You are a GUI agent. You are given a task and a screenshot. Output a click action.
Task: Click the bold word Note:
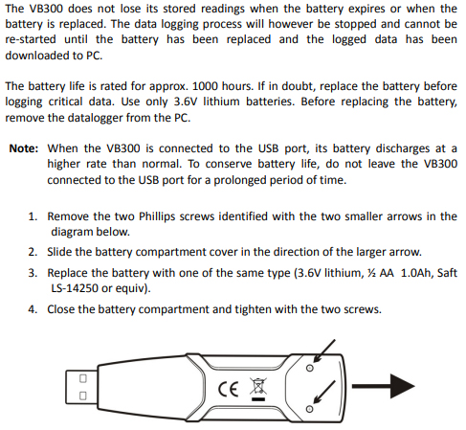pyautogui.click(x=24, y=148)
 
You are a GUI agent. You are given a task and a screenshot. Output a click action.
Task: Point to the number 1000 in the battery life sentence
pyautogui.click(x=206, y=86)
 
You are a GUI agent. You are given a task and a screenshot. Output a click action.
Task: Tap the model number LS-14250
pyautogui.click(x=75, y=288)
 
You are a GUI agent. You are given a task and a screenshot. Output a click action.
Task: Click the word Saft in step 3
pyautogui.click(x=447, y=273)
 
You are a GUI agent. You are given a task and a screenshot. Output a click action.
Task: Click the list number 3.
pyautogui.click(x=33, y=273)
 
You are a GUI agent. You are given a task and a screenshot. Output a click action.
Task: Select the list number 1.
pyautogui.click(x=33, y=216)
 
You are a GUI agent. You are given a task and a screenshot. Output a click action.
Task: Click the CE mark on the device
pyautogui.click(x=228, y=389)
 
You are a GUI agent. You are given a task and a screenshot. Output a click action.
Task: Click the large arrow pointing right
pyautogui.click(x=383, y=386)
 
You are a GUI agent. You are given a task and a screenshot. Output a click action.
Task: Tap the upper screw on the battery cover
pyautogui.click(x=309, y=368)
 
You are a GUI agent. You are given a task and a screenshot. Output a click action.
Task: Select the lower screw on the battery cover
pyautogui.click(x=309, y=409)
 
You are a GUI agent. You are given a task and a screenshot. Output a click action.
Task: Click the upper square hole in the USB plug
pyautogui.click(x=83, y=378)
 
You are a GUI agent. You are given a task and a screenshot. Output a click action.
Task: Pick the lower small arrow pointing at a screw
pyautogui.click(x=324, y=393)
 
